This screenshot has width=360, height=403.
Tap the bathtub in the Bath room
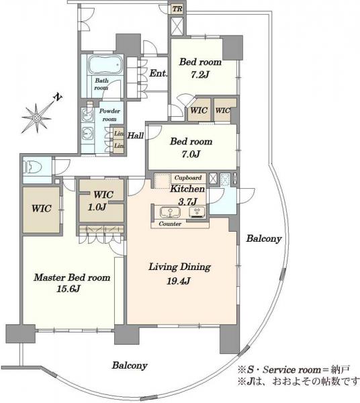(105, 64)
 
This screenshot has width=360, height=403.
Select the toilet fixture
(33, 167)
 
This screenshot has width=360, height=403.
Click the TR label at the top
(177, 9)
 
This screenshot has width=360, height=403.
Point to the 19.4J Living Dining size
(179, 281)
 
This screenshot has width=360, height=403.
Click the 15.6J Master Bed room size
(68, 289)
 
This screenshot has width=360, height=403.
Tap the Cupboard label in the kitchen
(188, 178)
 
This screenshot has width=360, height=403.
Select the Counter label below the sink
(170, 224)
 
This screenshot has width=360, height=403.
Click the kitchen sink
(170, 212)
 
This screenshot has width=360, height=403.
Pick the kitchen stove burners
(197, 212)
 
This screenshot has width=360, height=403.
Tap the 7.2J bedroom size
(199, 75)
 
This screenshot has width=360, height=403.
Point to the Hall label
(136, 136)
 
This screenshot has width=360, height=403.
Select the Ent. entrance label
(158, 73)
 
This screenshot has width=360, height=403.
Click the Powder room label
(109, 115)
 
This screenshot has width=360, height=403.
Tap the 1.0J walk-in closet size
(97, 207)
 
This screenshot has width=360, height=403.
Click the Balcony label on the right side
(264, 238)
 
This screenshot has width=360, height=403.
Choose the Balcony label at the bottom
(130, 365)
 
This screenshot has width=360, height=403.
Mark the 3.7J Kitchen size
(187, 202)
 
